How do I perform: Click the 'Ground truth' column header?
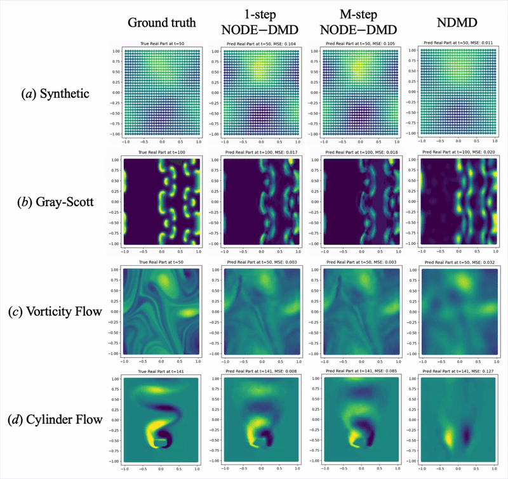tap(161, 23)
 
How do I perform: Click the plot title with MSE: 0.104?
tap(262, 44)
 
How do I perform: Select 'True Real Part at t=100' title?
tap(161, 154)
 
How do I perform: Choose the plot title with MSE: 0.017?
tap(262, 154)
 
